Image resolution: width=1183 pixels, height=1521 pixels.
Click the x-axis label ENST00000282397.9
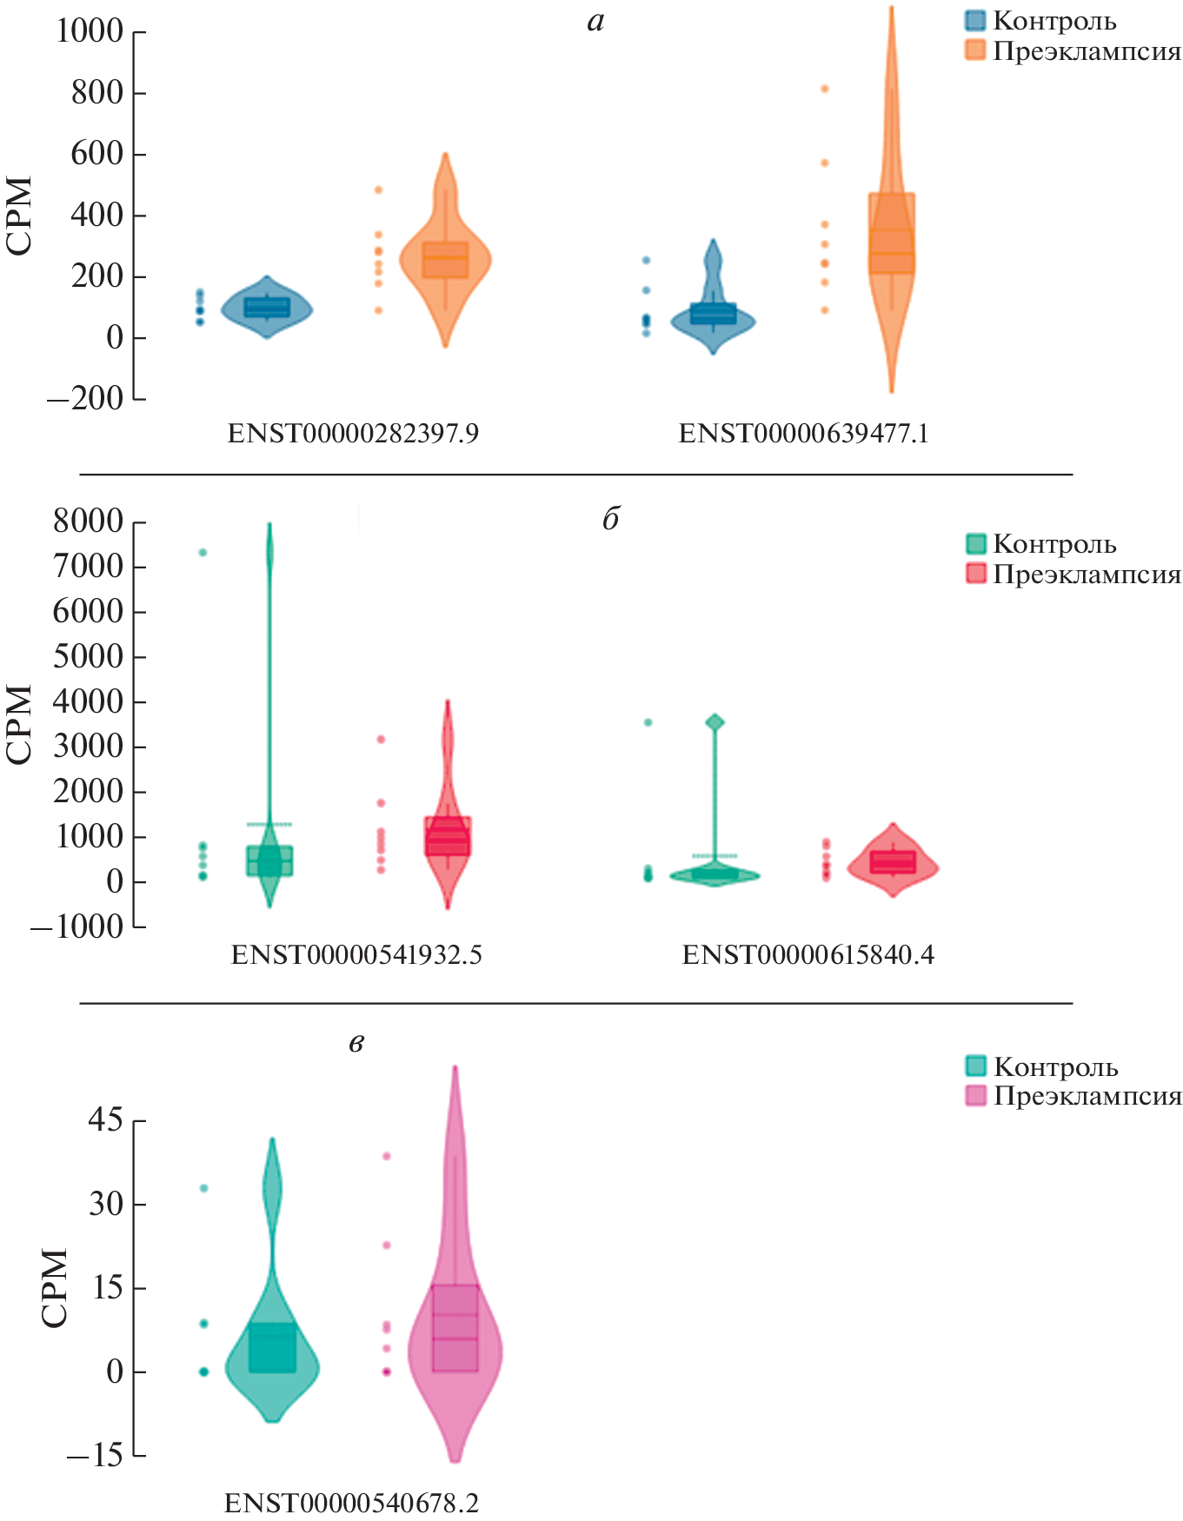click(x=353, y=433)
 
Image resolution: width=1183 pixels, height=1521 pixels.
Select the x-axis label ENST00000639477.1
click(x=803, y=433)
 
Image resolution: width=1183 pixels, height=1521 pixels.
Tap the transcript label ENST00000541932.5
click(x=356, y=955)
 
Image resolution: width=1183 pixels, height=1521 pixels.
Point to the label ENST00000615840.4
click(x=807, y=955)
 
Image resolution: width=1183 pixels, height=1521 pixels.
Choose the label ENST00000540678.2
click(x=351, y=1503)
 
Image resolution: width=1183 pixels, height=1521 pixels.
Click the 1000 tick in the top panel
click(x=90, y=31)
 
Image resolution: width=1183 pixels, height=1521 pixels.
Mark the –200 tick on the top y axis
click(x=85, y=399)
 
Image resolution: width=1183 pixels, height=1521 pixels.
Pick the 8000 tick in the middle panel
click(x=88, y=521)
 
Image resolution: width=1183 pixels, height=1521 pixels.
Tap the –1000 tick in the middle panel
click(x=76, y=927)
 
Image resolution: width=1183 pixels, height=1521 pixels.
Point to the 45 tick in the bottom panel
click(x=105, y=1120)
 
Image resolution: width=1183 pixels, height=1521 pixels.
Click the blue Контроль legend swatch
click(x=975, y=21)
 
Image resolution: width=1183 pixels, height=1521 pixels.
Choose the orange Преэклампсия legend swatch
click(x=975, y=50)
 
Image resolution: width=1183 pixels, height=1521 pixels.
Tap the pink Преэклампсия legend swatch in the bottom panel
click(x=976, y=1095)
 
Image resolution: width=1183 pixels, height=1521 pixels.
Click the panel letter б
click(x=610, y=519)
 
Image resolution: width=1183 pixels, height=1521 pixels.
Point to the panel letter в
click(x=356, y=1042)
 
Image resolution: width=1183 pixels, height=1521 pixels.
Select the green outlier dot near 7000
click(x=203, y=553)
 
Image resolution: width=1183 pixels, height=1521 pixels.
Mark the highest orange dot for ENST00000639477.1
click(x=825, y=89)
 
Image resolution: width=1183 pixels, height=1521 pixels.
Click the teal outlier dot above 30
click(x=204, y=1188)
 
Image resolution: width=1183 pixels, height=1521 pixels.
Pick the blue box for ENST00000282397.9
click(x=267, y=307)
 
